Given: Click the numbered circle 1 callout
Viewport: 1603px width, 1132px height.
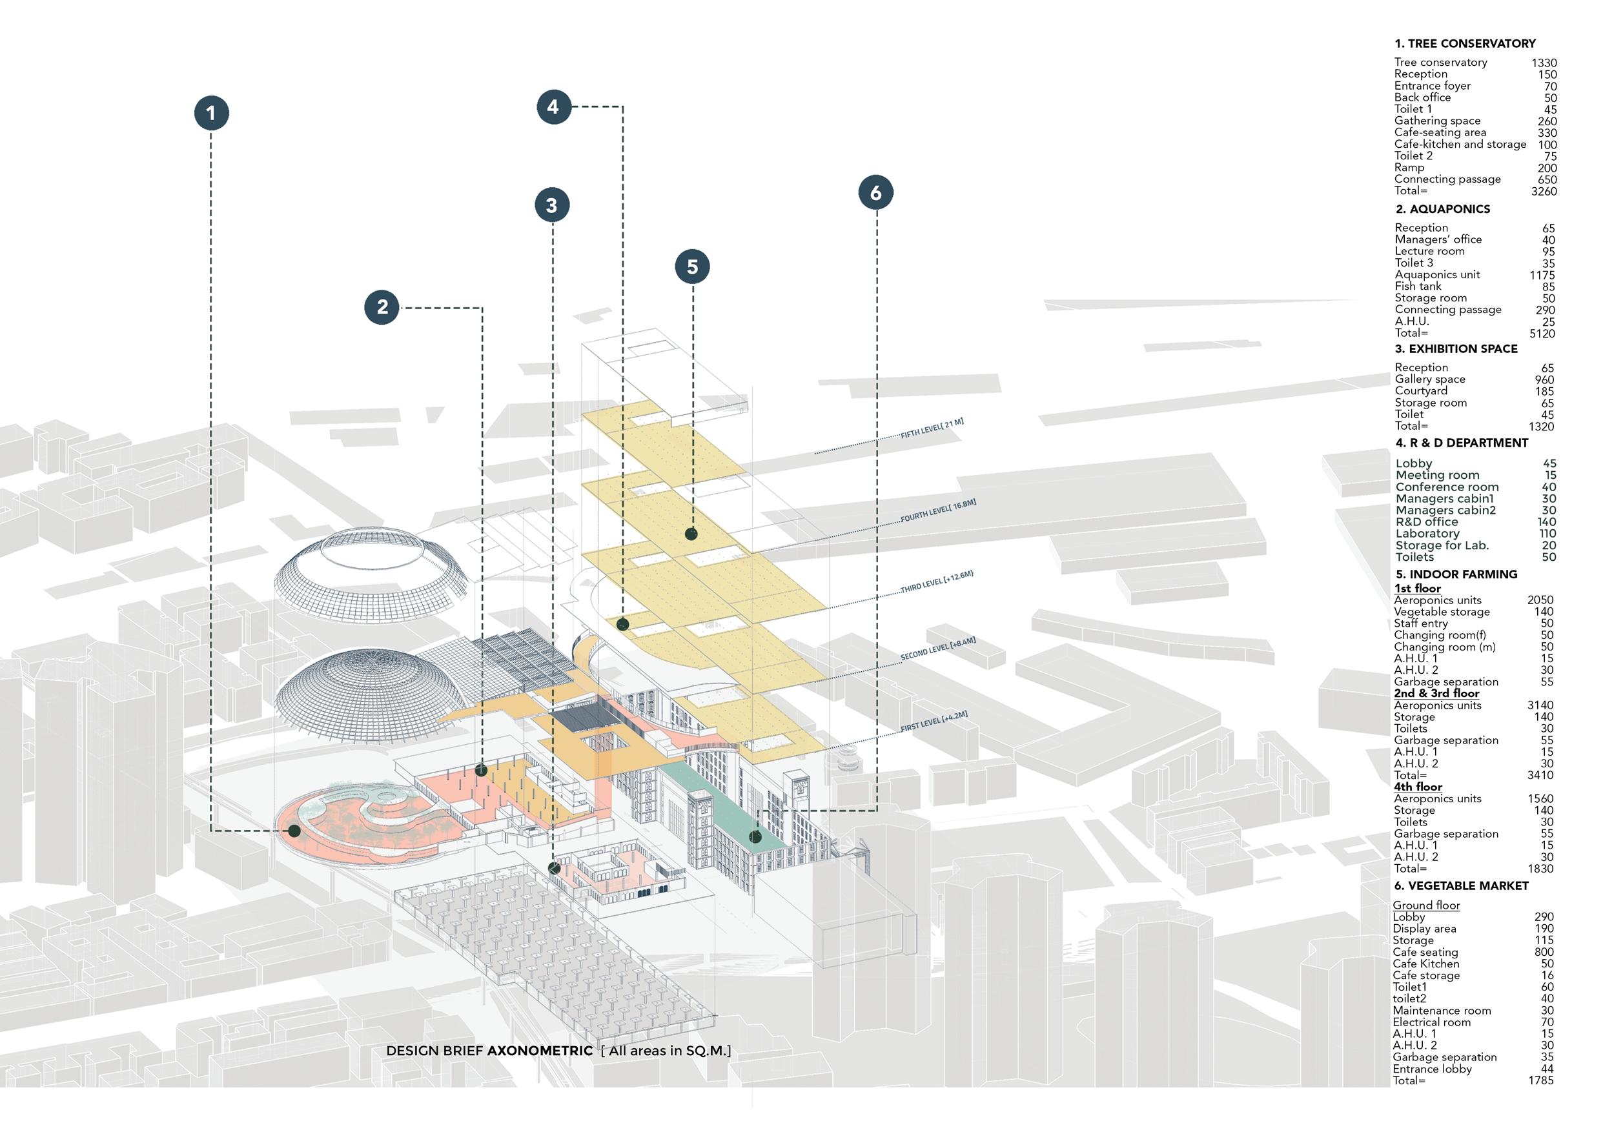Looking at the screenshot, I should coord(212,113).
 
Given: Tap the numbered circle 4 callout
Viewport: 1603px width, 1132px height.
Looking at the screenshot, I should coord(554,106).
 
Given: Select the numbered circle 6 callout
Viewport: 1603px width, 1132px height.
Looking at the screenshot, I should coord(875,192).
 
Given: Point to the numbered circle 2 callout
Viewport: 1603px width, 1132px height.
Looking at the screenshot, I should coord(382,307).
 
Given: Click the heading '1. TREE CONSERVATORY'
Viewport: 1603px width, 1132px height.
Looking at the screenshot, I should coord(1465,43).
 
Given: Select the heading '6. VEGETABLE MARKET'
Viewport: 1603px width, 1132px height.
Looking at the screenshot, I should coord(1460,885).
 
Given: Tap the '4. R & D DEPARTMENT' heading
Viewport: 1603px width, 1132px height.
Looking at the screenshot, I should coord(1461,443).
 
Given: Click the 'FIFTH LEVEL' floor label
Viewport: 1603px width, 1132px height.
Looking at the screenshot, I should coord(932,429).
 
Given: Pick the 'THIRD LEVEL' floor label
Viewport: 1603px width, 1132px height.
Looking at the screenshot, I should coord(936,582).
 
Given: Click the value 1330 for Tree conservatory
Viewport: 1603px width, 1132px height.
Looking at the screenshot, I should coord(1544,63).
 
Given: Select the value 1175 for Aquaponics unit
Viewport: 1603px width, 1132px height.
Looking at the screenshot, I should coord(1542,275).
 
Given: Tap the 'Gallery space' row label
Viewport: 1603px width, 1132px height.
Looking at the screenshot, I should coord(1430,379).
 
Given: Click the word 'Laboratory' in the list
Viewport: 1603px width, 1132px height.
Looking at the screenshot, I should coord(1427,533).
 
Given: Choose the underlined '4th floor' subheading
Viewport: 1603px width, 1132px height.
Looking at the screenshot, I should coord(1417,787).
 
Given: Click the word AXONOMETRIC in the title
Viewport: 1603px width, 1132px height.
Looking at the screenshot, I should coord(540,1051).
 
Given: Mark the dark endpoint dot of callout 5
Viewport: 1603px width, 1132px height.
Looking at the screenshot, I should coord(691,534).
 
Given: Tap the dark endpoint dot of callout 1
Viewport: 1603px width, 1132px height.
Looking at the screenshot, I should coord(294,831).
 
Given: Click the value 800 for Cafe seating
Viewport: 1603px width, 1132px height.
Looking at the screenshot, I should coord(1544,952).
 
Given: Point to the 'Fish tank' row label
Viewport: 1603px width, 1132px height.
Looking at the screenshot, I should coord(1417,286).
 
